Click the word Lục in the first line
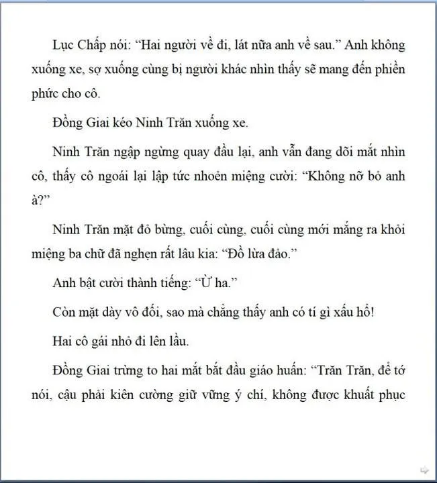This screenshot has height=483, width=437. tap(63, 45)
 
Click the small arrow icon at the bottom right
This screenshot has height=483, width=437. tap(424, 469)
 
